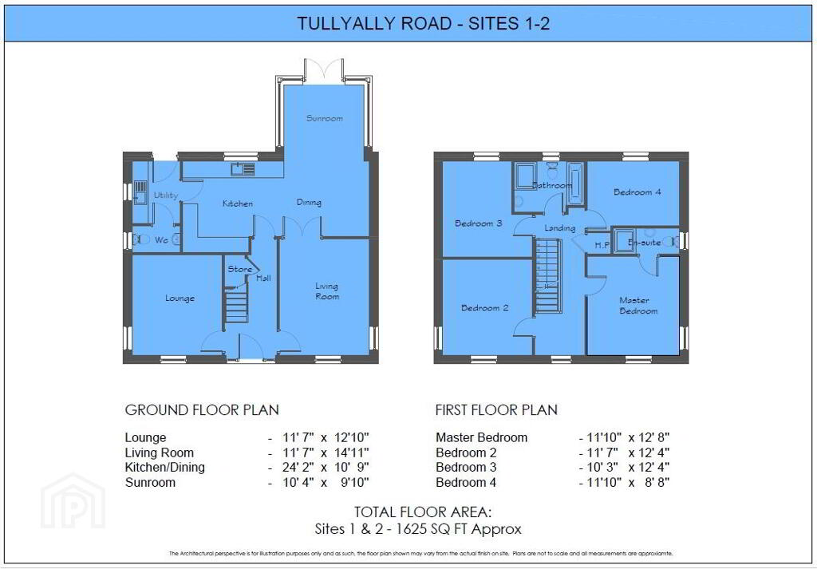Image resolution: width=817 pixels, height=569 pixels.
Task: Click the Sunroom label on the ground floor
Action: [x=325, y=118]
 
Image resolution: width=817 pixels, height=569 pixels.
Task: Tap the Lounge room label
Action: [x=180, y=298]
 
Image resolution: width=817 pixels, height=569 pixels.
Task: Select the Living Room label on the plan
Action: [x=326, y=291]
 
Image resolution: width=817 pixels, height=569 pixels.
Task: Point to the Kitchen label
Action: [x=238, y=203]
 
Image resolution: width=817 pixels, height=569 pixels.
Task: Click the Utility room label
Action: [x=166, y=195]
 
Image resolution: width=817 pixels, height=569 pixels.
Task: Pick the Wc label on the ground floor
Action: [x=161, y=239]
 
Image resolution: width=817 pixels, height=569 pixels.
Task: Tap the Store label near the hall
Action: [x=239, y=269]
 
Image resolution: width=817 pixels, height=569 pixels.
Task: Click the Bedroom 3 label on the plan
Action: [x=478, y=223]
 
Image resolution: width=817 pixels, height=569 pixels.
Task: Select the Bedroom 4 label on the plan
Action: [x=637, y=192]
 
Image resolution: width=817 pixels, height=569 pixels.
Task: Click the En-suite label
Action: [x=645, y=242]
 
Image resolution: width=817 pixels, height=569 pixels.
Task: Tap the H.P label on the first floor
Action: [x=602, y=245]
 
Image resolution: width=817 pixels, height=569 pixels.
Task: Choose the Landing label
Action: [x=559, y=228]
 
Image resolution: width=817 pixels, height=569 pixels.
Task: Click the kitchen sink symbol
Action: [x=243, y=168]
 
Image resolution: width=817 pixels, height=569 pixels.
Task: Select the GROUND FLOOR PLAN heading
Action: [x=202, y=410]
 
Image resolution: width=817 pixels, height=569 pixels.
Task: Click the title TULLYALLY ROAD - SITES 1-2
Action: [x=423, y=24]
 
